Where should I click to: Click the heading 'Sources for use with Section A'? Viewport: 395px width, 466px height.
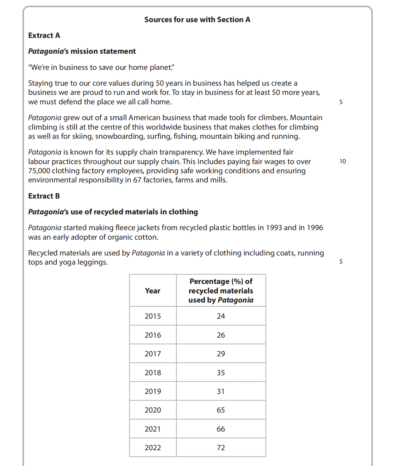tap(197, 20)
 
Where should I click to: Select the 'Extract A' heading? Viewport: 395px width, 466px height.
tap(44, 35)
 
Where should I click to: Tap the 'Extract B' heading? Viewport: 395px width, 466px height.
tap(44, 196)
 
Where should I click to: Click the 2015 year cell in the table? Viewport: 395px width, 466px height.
tap(153, 316)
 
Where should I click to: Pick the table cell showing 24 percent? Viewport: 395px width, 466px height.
tap(221, 316)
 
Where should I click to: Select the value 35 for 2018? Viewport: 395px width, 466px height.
tap(221, 373)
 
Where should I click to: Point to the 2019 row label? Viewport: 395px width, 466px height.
tap(153, 391)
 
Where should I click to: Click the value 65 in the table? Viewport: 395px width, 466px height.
tap(221, 410)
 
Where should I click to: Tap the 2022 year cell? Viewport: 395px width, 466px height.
tap(153, 448)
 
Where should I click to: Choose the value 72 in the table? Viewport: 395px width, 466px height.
tap(221, 448)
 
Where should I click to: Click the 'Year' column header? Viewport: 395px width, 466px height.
tap(153, 291)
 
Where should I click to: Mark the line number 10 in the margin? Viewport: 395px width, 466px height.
tap(342, 162)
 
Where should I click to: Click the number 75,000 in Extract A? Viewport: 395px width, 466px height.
tap(39, 171)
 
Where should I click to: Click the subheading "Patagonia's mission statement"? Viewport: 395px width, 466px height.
tap(82, 51)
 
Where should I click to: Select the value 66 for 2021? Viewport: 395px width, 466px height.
tap(221, 429)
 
